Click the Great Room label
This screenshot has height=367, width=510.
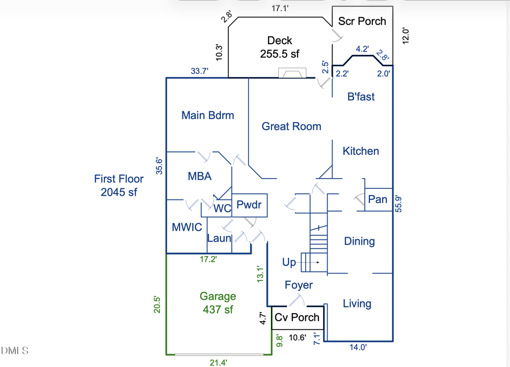point(291,126)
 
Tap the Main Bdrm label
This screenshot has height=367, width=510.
point(207,115)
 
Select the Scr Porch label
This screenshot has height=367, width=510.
point(362,22)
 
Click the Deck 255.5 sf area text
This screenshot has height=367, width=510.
point(279,47)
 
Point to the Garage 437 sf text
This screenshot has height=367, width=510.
point(218,303)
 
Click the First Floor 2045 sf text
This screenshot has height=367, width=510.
point(119,185)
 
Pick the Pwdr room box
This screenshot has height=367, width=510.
point(249,205)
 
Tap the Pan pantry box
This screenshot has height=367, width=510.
point(377,199)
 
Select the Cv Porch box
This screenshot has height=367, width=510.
point(297,318)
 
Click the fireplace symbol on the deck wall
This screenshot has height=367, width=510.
point(292,73)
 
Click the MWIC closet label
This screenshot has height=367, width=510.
point(186,227)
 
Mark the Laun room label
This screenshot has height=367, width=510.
point(219,238)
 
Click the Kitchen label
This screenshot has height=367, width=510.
point(361,151)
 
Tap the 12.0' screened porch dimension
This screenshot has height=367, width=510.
point(405,35)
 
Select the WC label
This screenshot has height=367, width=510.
point(222,209)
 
